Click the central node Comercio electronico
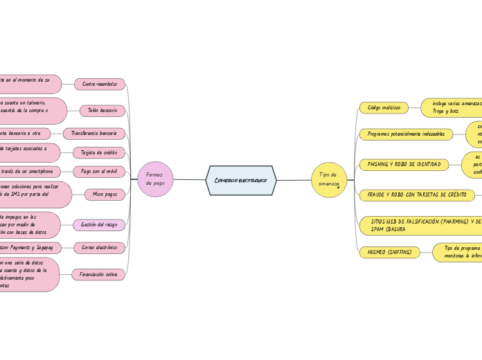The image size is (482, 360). (x=241, y=180)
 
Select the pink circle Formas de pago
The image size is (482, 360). (x=155, y=179)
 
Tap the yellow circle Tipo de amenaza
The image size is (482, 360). (x=329, y=180)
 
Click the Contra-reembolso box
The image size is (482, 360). (x=100, y=84)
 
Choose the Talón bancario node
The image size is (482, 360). (x=102, y=110)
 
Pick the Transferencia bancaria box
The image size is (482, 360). (x=94, y=133)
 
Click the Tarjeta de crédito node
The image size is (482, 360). (x=99, y=152)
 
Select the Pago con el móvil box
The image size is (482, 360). (x=99, y=171)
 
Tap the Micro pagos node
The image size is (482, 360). (x=105, y=195)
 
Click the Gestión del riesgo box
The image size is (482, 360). (x=99, y=224)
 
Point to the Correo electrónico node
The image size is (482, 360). (x=100, y=246)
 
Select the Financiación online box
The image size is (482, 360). (x=98, y=275)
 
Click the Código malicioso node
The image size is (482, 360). (x=384, y=107)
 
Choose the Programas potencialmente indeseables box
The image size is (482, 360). (x=407, y=134)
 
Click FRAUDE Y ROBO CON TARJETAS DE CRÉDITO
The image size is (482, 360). (x=417, y=195)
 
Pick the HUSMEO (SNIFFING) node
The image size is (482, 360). (x=390, y=252)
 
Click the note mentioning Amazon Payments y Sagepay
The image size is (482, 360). (x=31, y=247)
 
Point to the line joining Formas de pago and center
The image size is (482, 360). (x=189, y=180)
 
